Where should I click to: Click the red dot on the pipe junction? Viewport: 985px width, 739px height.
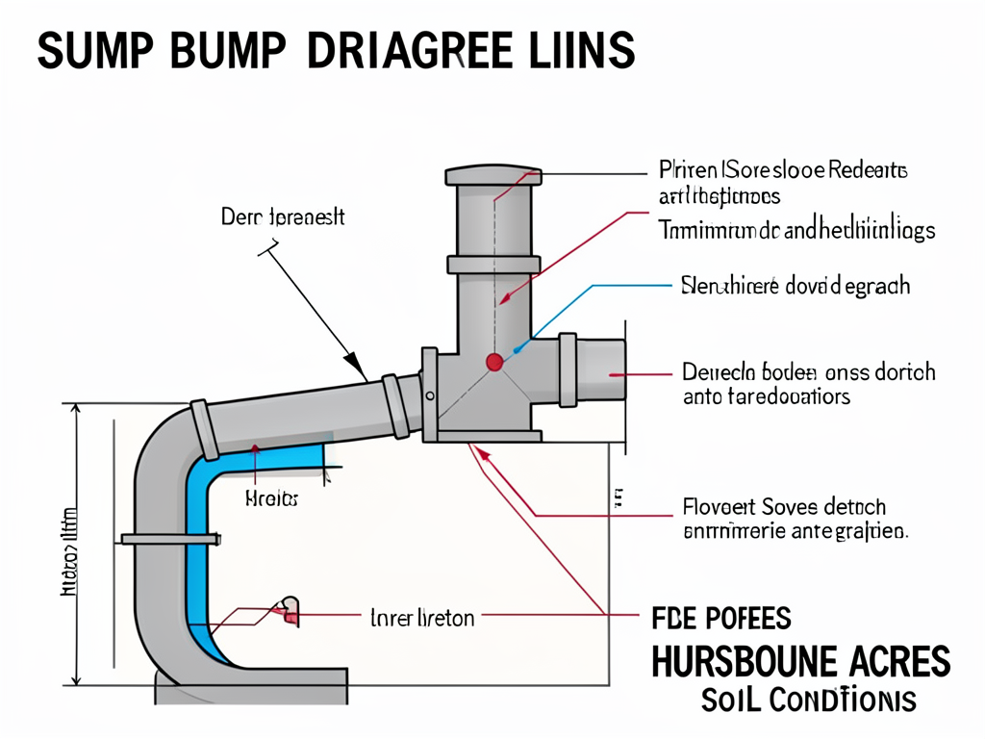click(x=494, y=362)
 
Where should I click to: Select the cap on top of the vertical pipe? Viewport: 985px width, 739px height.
click(x=492, y=176)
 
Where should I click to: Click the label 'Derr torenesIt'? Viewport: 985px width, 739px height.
click(x=282, y=217)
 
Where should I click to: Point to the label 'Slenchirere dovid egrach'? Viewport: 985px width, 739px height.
click(x=795, y=286)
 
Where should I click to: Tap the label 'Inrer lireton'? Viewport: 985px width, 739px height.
click(x=422, y=618)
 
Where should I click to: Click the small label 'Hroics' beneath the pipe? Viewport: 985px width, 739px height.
click(x=271, y=499)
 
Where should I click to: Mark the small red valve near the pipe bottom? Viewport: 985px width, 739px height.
click(x=289, y=608)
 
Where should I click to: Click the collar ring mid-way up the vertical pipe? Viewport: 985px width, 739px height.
click(x=492, y=264)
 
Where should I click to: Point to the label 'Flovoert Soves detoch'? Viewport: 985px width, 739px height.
click(x=784, y=507)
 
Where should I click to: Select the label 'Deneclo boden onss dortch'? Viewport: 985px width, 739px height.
click(x=808, y=371)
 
